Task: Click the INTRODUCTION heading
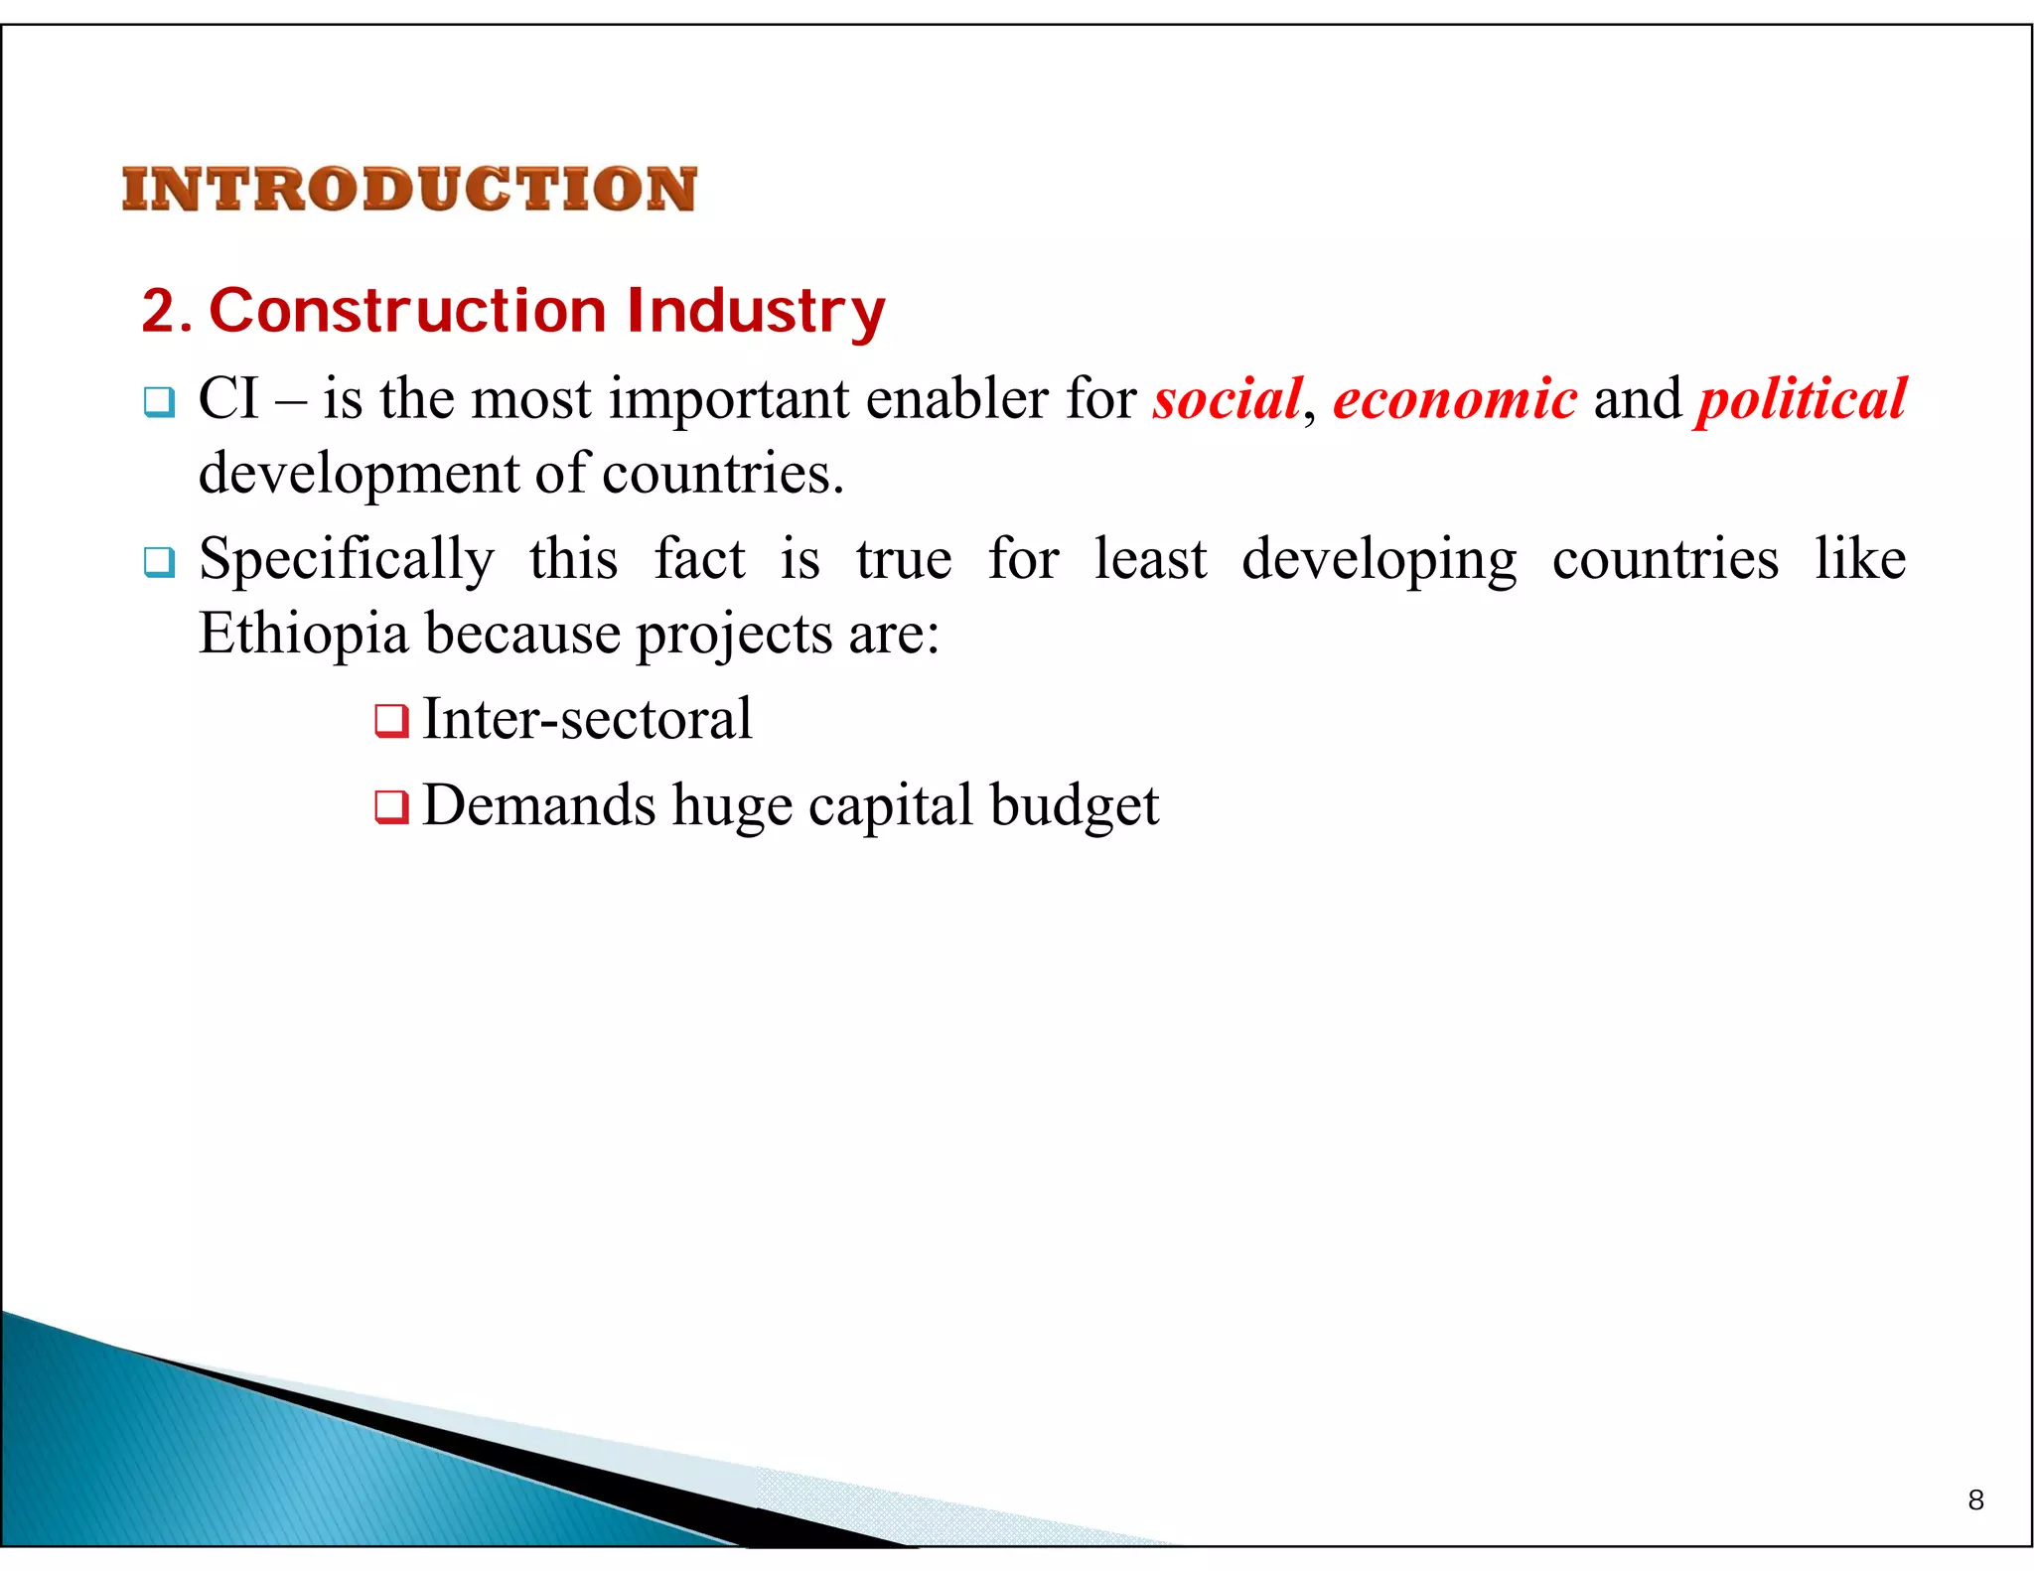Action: [408, 189]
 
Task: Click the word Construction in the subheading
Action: [407, 311]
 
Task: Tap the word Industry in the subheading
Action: [755, 311]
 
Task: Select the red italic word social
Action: [1227, 399]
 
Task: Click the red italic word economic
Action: [1454, 399]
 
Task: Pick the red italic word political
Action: [1802, 399]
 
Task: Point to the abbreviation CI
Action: [228, 399]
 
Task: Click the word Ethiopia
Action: [303, 634]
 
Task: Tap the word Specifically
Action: [346, 559]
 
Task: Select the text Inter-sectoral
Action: [587, 719]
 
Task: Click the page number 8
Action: [1975, 1500]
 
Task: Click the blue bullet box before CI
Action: [159, 402]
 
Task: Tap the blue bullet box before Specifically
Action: [159, 562]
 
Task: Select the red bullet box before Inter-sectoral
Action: [391, 721]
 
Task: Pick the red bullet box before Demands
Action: [391, 807]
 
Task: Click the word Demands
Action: [538, 805]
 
